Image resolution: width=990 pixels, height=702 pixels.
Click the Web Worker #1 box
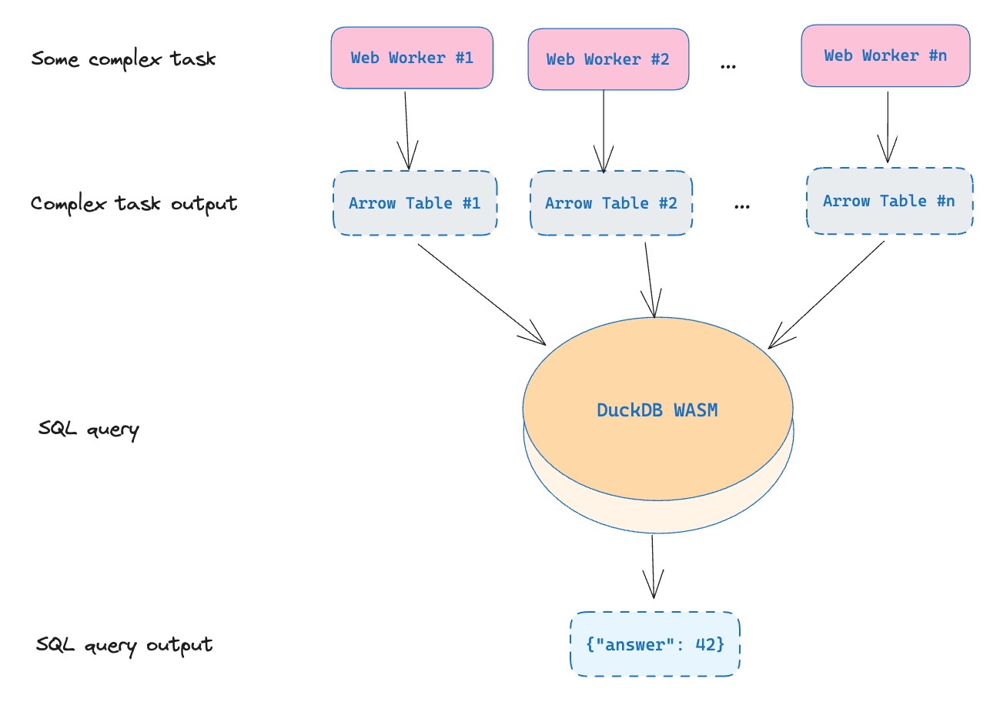[412, 58]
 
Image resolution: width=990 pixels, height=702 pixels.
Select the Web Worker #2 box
[608, 59]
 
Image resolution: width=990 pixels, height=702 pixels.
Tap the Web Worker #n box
[886, 55]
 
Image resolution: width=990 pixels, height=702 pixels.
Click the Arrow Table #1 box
[415, 203]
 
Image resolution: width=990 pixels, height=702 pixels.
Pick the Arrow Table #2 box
[611, 203]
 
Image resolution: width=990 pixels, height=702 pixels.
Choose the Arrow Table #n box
[890, 201]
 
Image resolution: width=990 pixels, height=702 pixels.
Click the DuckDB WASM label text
[657, 410]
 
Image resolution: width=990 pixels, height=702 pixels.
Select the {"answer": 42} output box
[655, 644]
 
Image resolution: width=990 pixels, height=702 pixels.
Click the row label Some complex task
[123, 59]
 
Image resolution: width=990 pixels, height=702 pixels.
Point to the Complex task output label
[134, 204]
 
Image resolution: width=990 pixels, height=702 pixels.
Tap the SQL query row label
[89, 430]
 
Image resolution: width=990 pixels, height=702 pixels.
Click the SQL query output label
[124, 646]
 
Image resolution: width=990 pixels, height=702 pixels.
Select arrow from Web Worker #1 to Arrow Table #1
[407, 131]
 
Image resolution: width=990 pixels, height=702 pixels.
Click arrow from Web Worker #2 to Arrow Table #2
[604, 132]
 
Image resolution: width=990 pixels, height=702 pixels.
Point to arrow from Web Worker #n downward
[888, 127]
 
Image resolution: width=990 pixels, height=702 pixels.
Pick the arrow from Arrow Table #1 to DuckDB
[482, 294]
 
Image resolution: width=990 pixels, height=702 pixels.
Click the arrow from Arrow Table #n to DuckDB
[826, 295]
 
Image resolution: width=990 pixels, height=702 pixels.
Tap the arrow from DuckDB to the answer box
[653, 567]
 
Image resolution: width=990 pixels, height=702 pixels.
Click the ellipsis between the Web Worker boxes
[728, 67]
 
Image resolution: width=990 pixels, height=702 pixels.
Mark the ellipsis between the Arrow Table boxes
[741, 206]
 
